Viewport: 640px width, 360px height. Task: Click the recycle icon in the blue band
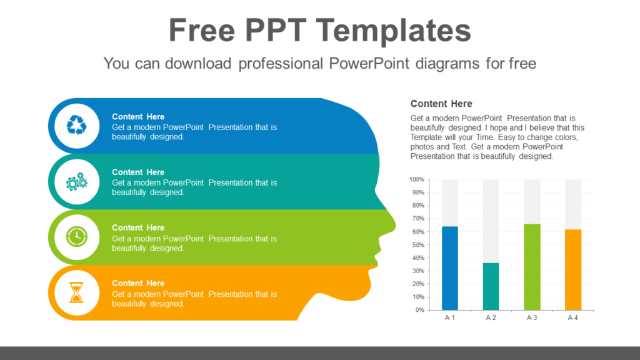(x=76, y=126)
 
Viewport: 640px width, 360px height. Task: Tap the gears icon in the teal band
(x=76, y=181)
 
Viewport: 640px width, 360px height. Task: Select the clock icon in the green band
(x=76, y=237)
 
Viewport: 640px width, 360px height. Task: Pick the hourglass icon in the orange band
(x=76, y=292)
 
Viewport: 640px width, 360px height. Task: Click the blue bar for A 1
(x=450, y=268)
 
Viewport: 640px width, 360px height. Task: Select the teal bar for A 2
(x=491, y=286)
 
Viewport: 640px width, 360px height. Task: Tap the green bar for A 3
(x=532, y=267)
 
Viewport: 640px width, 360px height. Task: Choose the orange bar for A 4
(x=573, y=269)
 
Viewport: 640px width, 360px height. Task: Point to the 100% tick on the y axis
(x=417, y=179)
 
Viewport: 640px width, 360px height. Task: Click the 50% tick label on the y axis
(x=417, y=245)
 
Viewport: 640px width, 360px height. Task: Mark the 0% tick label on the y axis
(x=419, y=310)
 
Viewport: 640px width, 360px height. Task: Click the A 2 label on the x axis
(x=491, y=318)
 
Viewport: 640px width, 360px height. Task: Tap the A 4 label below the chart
(x=573, y=318)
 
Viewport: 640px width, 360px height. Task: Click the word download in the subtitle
(x=197, y=63)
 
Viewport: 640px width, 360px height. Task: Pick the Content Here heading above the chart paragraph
(x=441, y=104)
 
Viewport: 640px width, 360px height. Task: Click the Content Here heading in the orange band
(x=138, y=283)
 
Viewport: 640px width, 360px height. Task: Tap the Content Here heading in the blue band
(x=138, y=116)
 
